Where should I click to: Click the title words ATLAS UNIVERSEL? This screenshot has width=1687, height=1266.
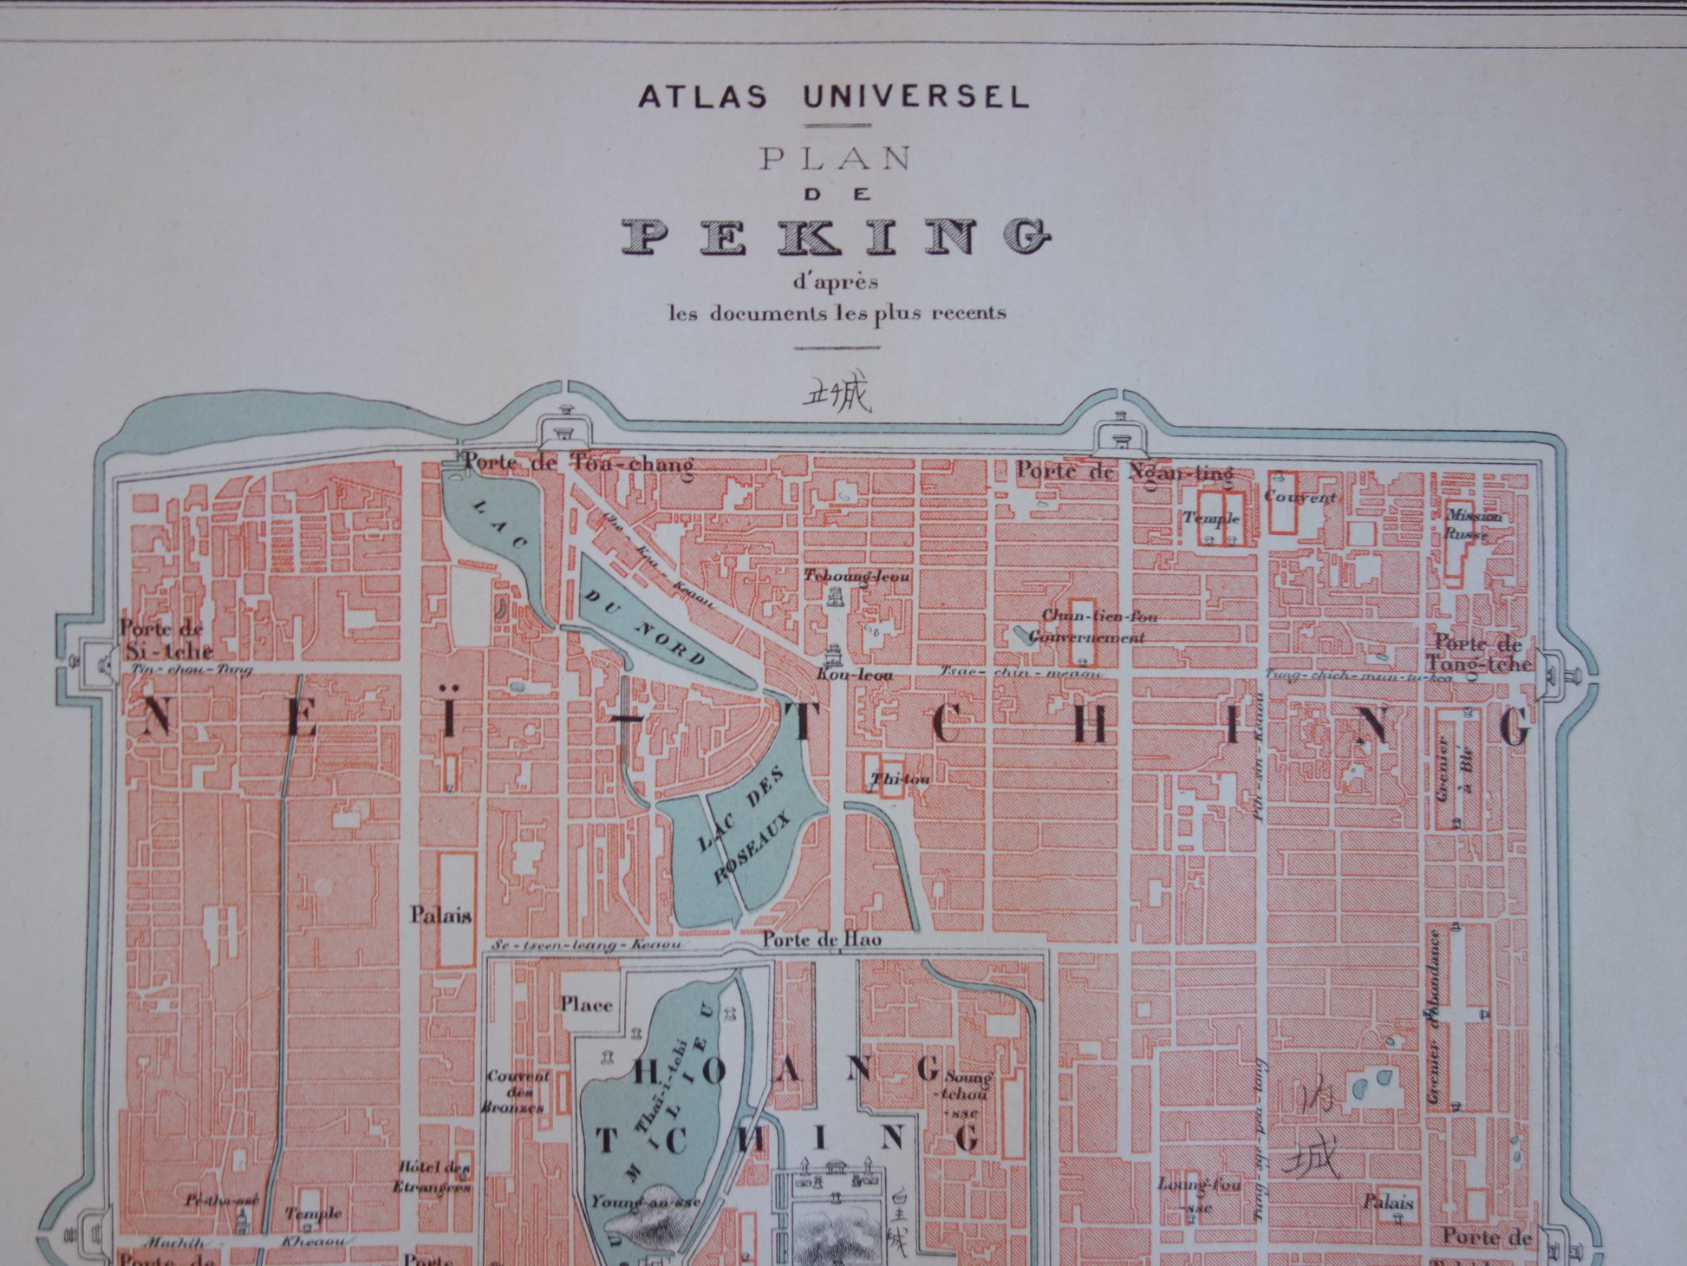(833, 96)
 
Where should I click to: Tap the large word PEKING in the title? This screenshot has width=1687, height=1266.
(837, 236)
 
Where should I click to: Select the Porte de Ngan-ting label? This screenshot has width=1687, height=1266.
(1124, 473)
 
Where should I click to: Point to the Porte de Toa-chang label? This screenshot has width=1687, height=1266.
(578, 464)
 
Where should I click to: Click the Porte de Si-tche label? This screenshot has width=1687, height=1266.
(165, 639)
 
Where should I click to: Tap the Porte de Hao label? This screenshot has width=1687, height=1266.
(821, 939)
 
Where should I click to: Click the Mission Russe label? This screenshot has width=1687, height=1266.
(1473, 525)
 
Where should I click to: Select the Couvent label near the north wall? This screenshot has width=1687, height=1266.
(1299, 497)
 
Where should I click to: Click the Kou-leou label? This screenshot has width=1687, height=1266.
(855, 674)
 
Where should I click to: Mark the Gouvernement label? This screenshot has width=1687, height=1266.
(1086, 636)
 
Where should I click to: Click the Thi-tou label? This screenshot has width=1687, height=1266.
(902, 779)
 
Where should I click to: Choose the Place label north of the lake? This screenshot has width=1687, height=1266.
(586, 1005)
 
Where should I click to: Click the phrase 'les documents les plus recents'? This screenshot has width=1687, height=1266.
(837, 313)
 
